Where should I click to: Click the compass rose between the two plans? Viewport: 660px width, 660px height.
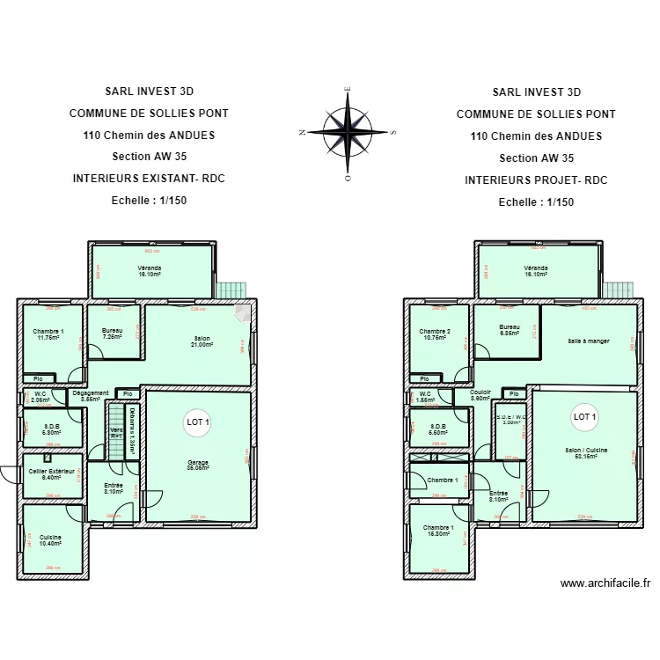[x=348, y=132]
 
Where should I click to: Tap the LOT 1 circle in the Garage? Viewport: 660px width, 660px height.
[x=197, y=422]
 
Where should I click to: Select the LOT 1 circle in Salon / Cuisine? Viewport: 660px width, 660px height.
[x=584, y=416]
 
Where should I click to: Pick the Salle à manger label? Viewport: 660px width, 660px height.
[x=588, y=341]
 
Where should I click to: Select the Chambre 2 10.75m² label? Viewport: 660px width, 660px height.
[x=436, y=334]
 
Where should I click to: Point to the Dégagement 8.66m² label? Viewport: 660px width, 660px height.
[x=91, y=396]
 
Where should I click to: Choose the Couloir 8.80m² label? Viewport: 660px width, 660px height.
[x=480, y=395]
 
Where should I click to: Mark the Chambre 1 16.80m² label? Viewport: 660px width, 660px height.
[x=437, y=531]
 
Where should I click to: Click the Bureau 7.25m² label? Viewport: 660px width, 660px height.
[x=112, y=334]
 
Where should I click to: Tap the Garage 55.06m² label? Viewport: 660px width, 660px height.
[x=197, y=466]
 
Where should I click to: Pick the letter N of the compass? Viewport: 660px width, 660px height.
[x=302, y=133]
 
